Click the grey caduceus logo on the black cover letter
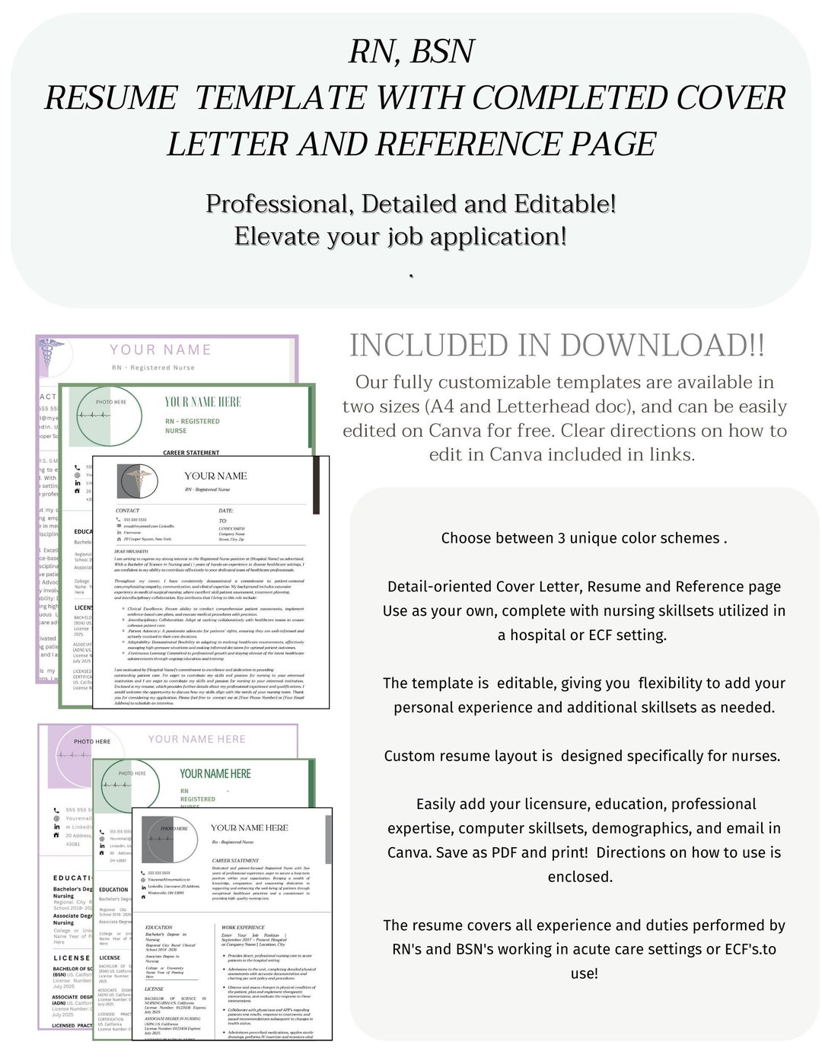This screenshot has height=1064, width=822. pyautogui.click(x=137, y=481)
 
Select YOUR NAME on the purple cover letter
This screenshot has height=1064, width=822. pyautogui.click(x=161, y=350)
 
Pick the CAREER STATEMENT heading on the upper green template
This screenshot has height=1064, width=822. pyautogui.click(x=191, y=453)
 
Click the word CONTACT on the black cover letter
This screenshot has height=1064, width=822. pyautogui.click(x=128, y=511)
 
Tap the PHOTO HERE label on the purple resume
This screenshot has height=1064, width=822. pyautogui.click(x=92, y=741)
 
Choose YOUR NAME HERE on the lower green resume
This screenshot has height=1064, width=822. pyautogui.click(x=215, y=774)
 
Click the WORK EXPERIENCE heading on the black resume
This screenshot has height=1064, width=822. pyautogui.click(x=243, y=928)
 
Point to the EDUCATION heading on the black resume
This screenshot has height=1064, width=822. pyautogui.click(x=159, y=928)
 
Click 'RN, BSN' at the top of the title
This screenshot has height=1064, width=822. pyautogui.click(x=411, y=52)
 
